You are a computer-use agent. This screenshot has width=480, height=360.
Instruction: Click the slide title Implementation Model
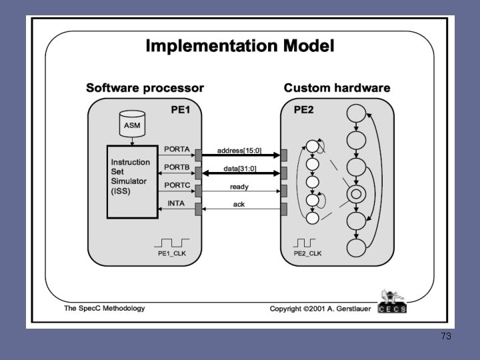[x=240, y=46]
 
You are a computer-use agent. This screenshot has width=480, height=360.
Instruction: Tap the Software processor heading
[x=145, y=88]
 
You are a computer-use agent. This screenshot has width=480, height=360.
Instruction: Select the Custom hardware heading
[x=337, y=88]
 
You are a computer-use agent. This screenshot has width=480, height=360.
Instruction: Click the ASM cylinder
[x=132, y=124]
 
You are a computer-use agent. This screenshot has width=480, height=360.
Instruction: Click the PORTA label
[x=177, y=149]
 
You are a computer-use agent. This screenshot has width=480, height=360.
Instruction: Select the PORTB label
[x=177, y=167]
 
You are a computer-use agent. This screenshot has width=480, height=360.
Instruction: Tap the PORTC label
[x=177, y=185]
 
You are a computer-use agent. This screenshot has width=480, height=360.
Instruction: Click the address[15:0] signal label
[x=238, y=151]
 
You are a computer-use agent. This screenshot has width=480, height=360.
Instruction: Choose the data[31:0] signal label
[x=239, y=168]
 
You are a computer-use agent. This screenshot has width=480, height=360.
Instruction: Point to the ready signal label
[x=239, y=186]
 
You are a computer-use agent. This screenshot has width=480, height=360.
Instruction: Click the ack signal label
[x=239, y=204]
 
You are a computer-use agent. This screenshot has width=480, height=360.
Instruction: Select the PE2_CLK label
[x=307, y=254]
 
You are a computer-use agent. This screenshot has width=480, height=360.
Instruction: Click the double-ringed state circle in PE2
[x=357, y=195]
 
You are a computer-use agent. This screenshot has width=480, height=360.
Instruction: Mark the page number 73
[x=446, y=337]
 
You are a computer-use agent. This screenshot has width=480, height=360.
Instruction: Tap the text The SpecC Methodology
[x=104, y=309]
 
